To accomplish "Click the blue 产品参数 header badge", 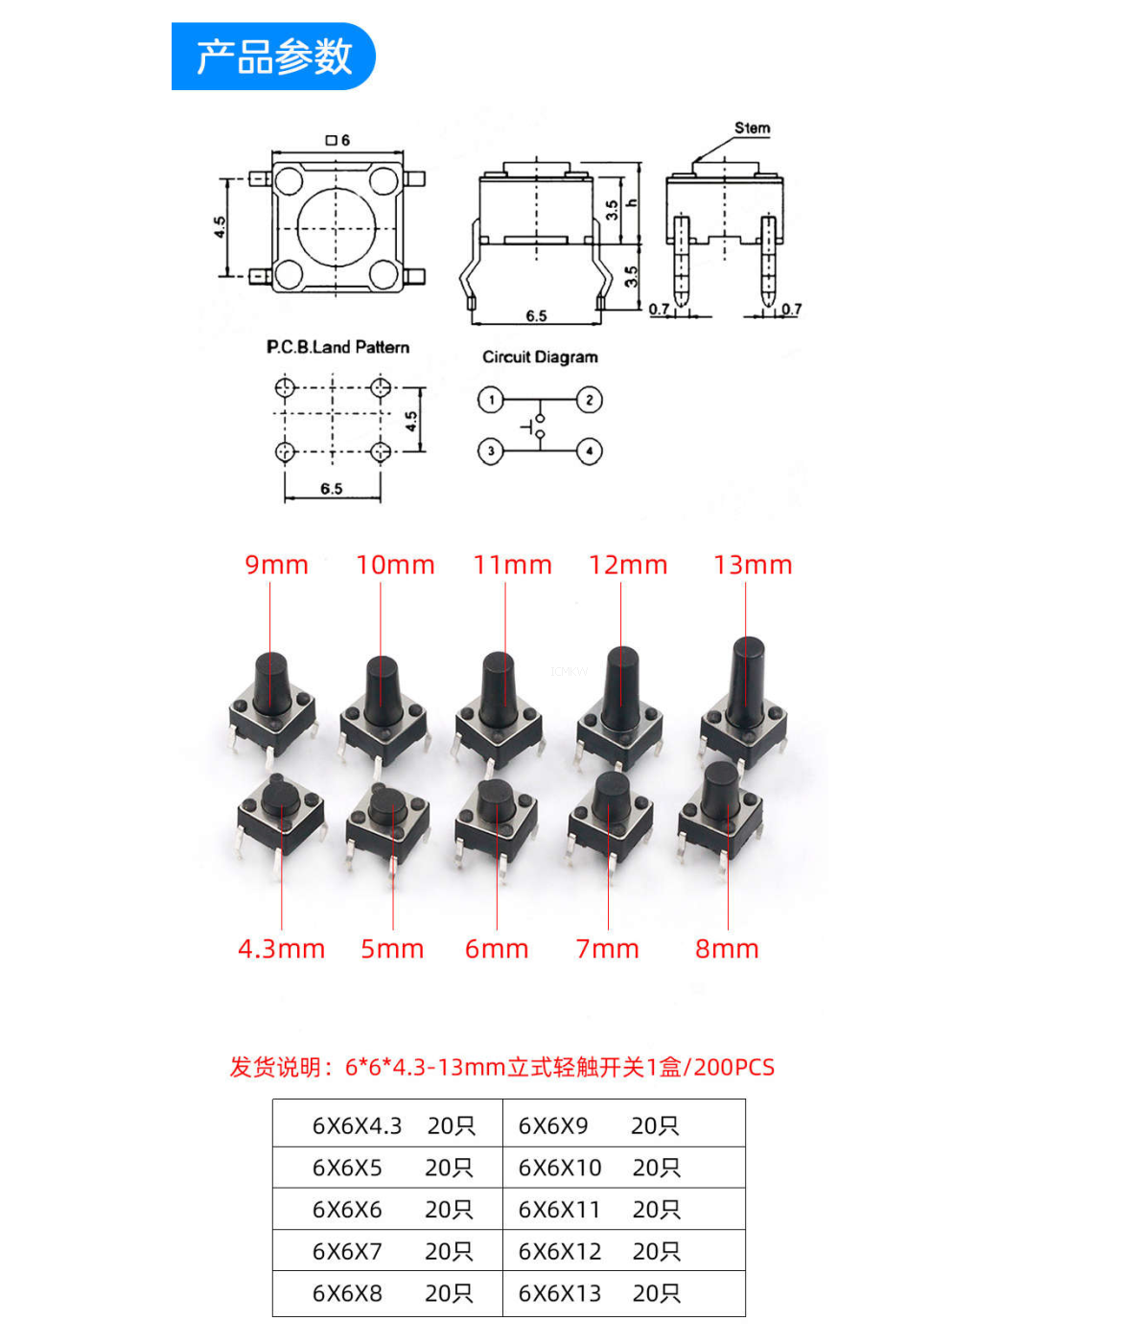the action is point(273,56).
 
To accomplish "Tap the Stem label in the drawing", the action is point(752,128).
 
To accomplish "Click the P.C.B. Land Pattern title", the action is point(337,347).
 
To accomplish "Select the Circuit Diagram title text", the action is point(540,357).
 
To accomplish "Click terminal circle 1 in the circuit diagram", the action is point(491,400).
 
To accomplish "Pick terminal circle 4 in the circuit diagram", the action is point(590,451).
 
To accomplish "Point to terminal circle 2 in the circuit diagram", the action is point(590,400).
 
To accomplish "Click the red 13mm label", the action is point(753,565).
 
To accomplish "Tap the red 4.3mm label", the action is point(282,949).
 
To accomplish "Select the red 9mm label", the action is point(276,565).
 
